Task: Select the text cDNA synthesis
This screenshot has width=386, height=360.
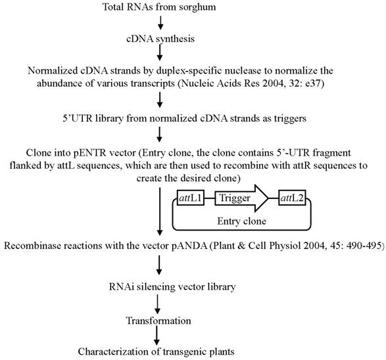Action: (160, 39)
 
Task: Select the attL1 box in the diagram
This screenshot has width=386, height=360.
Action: (190, 196)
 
